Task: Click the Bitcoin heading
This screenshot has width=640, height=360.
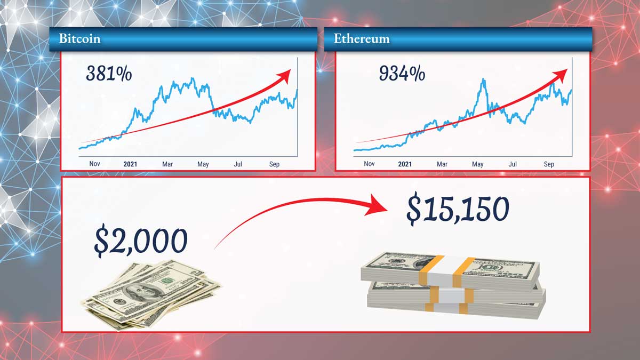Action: [x=79, y=38]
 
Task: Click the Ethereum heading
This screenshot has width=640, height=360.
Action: [x=362, y=38]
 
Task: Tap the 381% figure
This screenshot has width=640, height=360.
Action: [x=109, y=74]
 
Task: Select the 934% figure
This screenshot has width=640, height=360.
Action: [x=402, y=74]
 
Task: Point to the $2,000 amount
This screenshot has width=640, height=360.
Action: [x=141, y=241]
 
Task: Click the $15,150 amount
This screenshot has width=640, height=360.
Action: [x=458, y=209]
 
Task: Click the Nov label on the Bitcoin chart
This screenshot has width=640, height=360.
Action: [x=94, y=164]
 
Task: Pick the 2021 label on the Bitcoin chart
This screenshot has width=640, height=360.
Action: [x=130, y=164]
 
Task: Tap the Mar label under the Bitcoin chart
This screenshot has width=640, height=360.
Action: [x=167, y=164]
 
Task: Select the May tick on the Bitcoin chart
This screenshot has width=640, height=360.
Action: [x=203, y=164]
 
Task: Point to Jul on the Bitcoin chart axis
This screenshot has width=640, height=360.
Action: [x=238, y=164]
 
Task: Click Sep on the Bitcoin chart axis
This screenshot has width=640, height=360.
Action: [x=274, y=164]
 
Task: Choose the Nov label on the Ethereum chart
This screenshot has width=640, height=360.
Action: [x=369, y=164]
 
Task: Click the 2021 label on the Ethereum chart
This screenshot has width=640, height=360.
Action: [x=405, y=164]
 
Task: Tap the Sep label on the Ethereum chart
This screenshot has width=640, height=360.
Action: [x=549, y=164]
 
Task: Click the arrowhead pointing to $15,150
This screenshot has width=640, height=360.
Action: [x=377, y=206]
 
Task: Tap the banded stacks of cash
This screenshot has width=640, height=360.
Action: [x=453, y=285]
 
